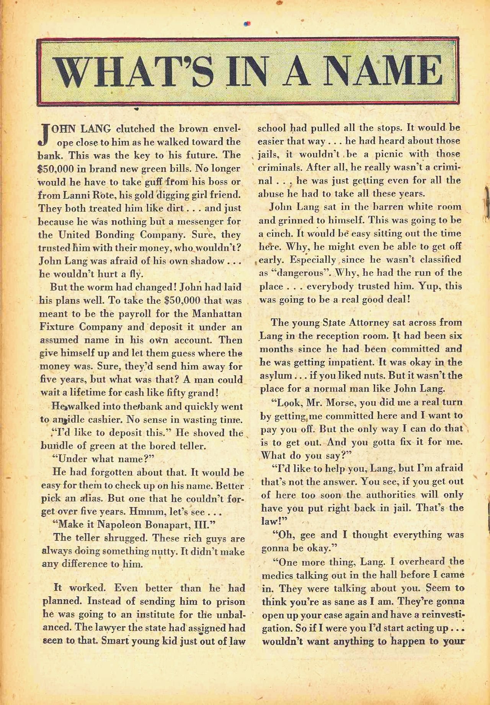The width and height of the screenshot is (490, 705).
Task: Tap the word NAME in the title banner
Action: click(381, 72)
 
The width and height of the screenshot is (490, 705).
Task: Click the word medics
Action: click(276, 575)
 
